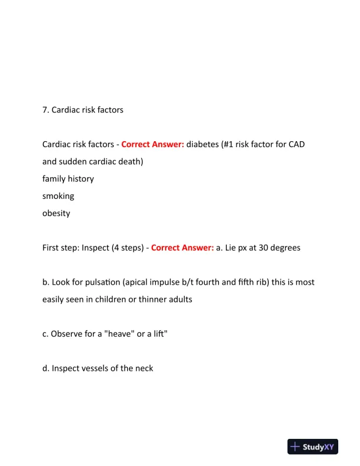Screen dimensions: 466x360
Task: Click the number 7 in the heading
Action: click(45, 110)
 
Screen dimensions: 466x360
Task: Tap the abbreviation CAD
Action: click(296, 145)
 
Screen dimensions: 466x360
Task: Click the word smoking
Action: click(58, 196)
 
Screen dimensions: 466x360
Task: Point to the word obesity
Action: click(56, 213)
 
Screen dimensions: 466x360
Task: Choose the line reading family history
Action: click(68, 179)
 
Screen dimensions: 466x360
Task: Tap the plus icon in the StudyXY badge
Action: click(296, 447)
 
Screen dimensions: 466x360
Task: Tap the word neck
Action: click(143, 368)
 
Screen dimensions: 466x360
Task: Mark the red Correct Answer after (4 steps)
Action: click(182, 248)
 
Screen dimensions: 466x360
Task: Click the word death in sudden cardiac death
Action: click(128, 162)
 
